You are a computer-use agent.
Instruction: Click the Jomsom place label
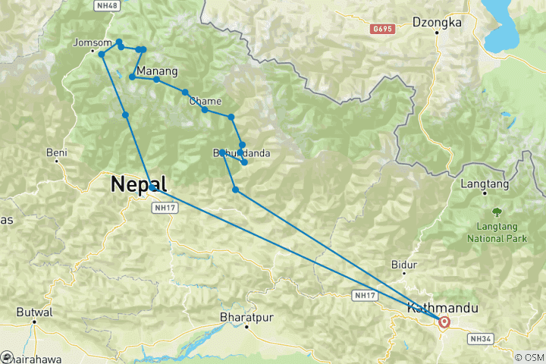[x=92, y=42]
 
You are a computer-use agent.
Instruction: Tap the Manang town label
[x=157, y=72]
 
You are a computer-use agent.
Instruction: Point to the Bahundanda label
[x=241, y=154]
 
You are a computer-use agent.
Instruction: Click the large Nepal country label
[x=138, y=184]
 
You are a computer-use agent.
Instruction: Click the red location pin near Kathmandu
[x=444, y=322]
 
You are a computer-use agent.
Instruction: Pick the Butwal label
[x=36, y=312]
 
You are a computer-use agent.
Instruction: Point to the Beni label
[x=57, y=152]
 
